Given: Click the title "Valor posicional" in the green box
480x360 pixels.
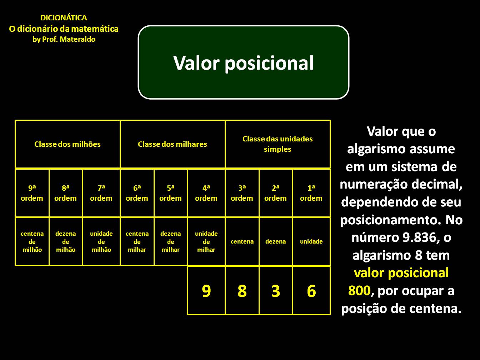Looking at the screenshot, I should click(x=244, y=63).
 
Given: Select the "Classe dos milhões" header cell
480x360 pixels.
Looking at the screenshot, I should click(x=67, y=144).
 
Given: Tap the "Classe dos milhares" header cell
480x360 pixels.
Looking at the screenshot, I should click(x=172, y=144).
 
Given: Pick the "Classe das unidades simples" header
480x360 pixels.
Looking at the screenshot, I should click(x=277, y=144).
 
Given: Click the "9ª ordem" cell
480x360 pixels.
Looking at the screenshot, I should click(x=32, y=193).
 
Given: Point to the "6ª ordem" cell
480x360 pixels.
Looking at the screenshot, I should click(x=137, y=193).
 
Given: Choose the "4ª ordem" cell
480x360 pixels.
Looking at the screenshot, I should click(x=206, y=193).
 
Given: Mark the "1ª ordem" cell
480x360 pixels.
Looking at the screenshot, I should click(x=311, y=193).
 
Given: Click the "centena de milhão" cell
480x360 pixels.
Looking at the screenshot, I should click(x=32, y=242).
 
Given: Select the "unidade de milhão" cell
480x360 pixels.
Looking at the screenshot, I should click(x=101, y=242).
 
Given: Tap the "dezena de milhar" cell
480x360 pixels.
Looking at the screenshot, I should click(x=170, y=242).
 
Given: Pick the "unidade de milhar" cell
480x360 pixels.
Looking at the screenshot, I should click(x=206, y=242).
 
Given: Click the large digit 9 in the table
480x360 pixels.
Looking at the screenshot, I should click(x=206, y=291).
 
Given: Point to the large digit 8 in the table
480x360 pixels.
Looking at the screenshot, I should click(x=242, y=291).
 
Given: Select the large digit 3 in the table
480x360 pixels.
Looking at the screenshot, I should click(x=275, y=291).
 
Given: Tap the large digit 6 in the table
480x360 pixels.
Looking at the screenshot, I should click(x=311, y=291).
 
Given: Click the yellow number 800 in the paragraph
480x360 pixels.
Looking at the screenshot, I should click(x=359, y=291).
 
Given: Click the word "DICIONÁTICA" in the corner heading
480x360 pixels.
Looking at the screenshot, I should click(x=64, y=18).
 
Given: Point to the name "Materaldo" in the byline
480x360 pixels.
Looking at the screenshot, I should click(x=77, y=39).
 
